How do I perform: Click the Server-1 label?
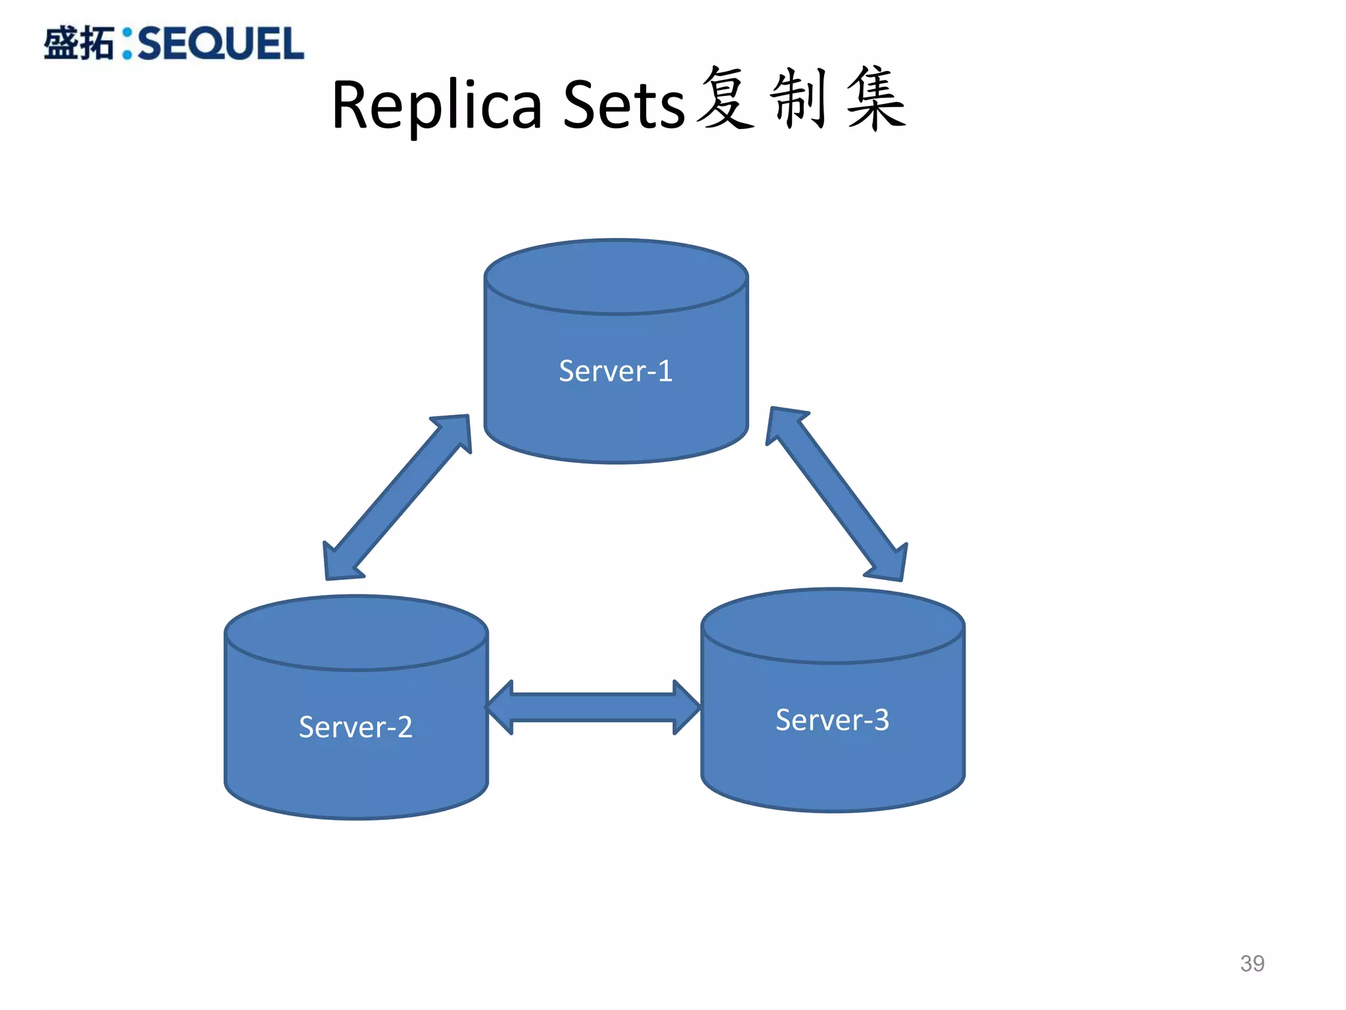[616, 371]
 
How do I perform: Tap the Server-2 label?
[356, 727]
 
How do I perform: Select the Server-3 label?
[832, 719]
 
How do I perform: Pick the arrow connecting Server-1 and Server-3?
[837, 494]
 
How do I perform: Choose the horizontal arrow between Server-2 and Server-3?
[593, 708]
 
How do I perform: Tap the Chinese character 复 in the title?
[726, 99]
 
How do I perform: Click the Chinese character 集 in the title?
[876, 99]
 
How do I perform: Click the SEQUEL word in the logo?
[221, 44]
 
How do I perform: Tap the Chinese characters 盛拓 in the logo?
[79, 44]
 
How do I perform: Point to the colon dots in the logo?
[127, 44]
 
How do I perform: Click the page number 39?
[1252, 963]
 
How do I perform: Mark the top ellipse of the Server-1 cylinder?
[616, 276]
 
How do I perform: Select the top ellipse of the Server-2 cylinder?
[356, 633]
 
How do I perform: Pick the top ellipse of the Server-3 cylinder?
[832, 625]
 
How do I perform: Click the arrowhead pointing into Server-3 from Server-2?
[687, 708]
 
